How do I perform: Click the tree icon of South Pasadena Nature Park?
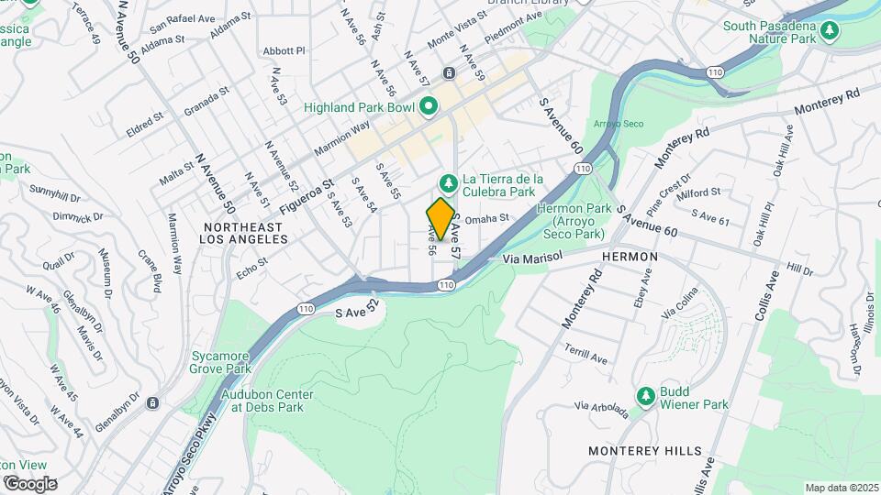click(830, 32)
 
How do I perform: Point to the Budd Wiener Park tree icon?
click(646, 397)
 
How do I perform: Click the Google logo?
click(29, 483)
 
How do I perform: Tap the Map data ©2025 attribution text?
click(841, 488)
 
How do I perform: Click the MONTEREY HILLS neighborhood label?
click(646, 451)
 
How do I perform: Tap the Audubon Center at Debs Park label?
click(268, 401)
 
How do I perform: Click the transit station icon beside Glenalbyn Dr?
click(152, 402)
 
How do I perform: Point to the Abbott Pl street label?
click(283, 51)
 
